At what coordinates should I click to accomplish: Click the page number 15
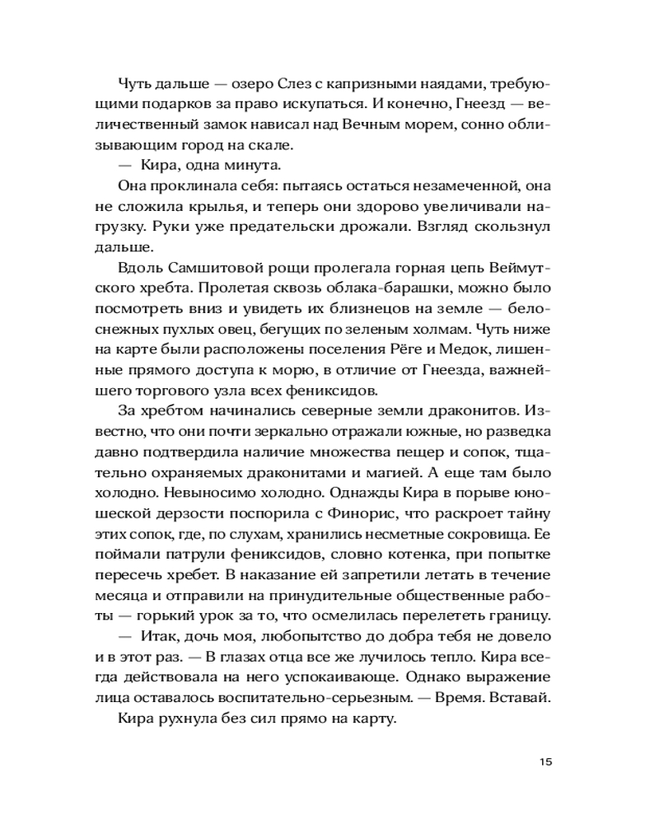544,761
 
